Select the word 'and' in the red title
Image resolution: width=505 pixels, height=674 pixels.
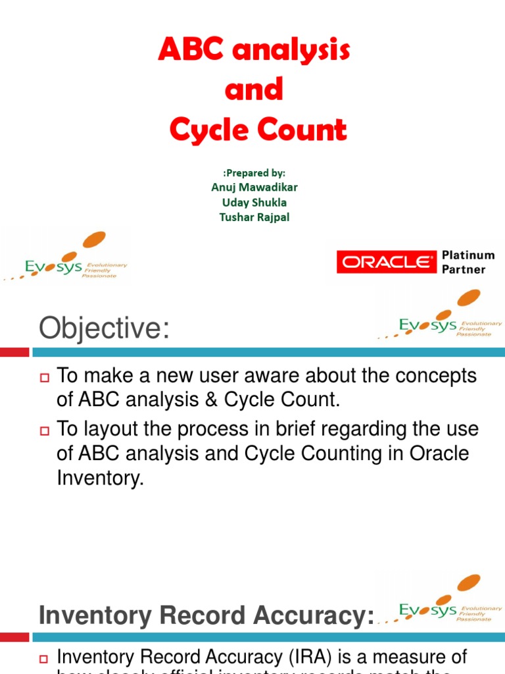coord(254,90)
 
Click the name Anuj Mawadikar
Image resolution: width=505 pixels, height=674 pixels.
coord(254,188)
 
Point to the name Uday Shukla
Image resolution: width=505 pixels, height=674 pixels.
coord(254,203)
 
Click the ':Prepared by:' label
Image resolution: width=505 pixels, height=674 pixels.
coord(254,173)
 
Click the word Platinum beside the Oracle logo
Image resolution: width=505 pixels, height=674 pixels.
coord(468,255)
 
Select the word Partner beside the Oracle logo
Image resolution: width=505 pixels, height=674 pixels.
coord(464,269)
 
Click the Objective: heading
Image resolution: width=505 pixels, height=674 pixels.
coord(104,328)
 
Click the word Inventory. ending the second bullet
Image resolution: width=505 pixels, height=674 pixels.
coord(100,479)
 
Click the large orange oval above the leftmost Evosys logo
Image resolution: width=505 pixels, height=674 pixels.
coord(94,240)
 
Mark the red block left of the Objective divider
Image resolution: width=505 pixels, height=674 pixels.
coord(14,353)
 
